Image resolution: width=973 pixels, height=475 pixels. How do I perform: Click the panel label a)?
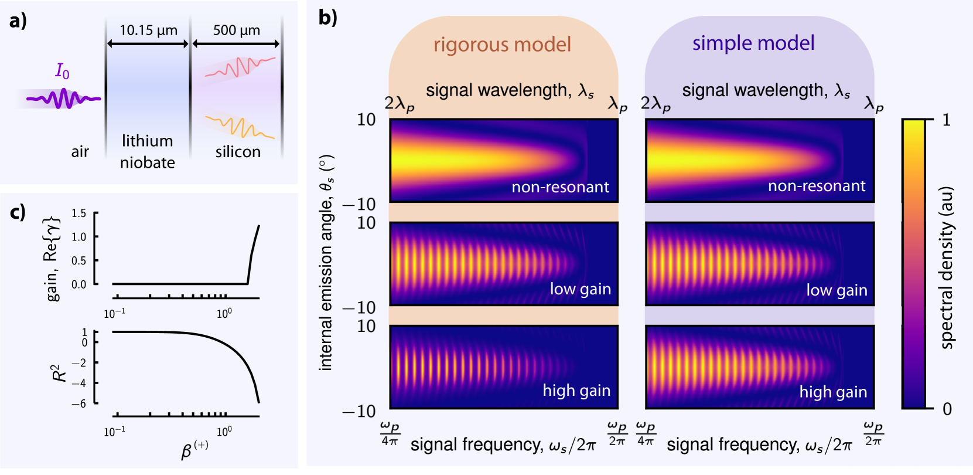point(18,21)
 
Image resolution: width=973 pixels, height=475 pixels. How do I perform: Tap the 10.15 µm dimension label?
point(148,30)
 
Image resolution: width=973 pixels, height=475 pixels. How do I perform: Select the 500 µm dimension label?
point(236,30)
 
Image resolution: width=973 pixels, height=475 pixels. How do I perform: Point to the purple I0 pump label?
point(62,71)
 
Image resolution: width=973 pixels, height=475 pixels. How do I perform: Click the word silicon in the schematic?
point(237,152)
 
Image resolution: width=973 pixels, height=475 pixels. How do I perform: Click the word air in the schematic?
point(80,152)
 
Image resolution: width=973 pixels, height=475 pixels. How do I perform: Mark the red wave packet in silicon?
point(240,67)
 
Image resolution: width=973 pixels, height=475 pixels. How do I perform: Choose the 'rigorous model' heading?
point(502,45)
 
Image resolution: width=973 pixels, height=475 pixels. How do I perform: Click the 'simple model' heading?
point(753,43)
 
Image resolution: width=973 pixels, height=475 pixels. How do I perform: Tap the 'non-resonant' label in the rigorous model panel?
point(560,187)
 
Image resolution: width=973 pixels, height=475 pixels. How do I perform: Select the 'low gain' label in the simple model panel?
point(837,290)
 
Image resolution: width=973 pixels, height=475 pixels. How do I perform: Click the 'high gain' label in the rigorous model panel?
point(576,391)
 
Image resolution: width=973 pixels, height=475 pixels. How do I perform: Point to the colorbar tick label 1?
point(946,120)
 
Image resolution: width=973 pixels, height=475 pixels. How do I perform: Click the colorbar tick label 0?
point(947,409)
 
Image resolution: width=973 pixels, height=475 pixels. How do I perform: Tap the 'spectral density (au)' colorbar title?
point(947,267)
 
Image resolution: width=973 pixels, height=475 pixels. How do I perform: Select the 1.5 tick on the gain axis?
point(78,213)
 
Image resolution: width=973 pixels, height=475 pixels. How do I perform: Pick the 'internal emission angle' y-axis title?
point(326,263)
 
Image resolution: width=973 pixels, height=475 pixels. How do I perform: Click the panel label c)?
point(18,212)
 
